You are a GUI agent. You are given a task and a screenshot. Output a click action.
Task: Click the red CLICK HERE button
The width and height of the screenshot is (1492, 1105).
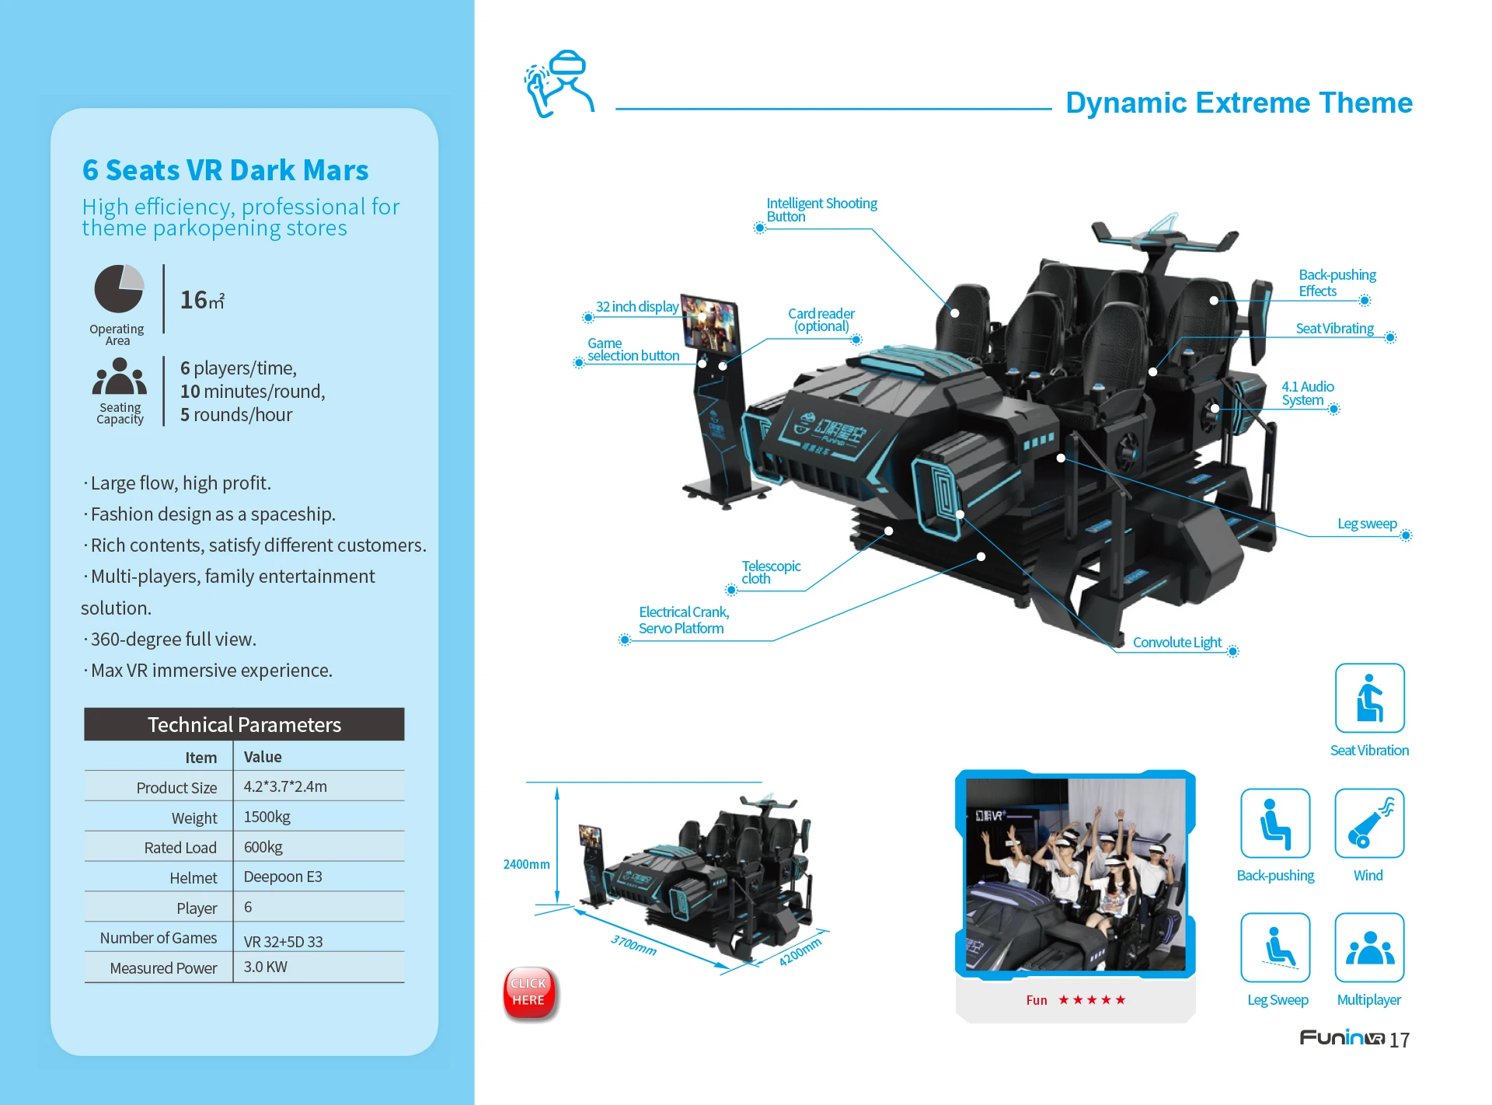(529, 992)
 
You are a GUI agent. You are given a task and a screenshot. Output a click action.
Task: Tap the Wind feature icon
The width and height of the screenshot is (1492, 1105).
(1368, 823)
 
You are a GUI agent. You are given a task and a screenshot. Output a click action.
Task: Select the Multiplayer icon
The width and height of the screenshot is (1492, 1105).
(1368, 947)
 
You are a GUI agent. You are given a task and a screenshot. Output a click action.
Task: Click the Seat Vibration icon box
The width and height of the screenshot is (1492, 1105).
(1369, 698)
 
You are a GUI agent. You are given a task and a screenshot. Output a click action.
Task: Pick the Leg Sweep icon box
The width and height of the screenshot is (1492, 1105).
(1275, 947)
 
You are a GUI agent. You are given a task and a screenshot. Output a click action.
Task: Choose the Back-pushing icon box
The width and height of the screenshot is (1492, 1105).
(1275, 823)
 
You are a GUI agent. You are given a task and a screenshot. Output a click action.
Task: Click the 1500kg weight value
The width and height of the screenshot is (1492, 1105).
(267, 817)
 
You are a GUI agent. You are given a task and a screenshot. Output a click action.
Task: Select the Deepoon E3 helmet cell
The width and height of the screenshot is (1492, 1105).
(283, 877)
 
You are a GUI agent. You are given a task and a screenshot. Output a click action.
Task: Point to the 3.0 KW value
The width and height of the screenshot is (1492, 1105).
(266, 967)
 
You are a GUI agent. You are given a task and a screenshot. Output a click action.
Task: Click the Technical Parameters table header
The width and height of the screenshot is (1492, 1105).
(244, 724)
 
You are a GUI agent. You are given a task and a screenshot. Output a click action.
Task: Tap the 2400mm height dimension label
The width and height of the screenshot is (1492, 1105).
(526, 864)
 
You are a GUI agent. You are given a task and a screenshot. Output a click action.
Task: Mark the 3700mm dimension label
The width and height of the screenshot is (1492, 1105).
(633, 945)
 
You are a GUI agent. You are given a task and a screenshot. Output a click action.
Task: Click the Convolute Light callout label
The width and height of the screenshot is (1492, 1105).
(1177, 643)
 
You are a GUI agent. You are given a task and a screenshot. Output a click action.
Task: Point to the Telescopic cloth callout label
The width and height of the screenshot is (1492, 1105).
(770, 572)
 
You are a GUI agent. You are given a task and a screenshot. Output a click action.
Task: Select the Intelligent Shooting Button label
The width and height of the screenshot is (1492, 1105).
(821, 210)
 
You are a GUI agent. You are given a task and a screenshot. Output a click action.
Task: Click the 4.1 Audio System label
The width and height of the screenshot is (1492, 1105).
(1307, 393)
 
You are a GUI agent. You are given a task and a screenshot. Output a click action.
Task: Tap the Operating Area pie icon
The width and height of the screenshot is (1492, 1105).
(119, 288)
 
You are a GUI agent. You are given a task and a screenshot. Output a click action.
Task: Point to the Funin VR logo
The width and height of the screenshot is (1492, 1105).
(1342, 1038)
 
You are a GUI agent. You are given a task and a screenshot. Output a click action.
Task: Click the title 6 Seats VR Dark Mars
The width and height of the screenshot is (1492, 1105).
(225, 170)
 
